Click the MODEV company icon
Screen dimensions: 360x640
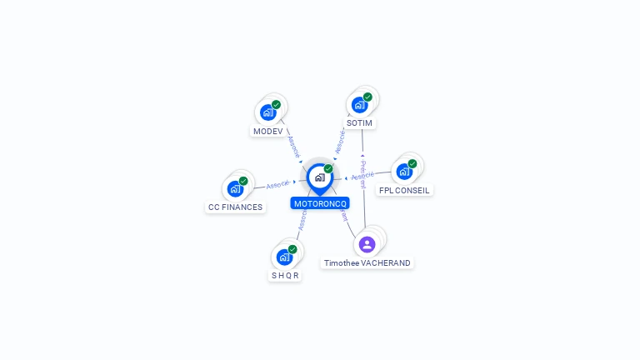pos(267,112)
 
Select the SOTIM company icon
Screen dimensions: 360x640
pos(359,105)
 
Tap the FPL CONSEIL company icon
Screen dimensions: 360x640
pos(404,172)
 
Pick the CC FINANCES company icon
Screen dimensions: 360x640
pos(235,189)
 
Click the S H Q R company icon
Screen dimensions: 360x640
pos(284,257)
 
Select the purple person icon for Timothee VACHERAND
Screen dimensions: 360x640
pos(367,244)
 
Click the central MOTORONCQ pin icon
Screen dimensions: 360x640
pos(319,177)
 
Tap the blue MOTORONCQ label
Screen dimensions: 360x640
pos(320,203)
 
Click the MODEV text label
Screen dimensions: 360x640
pos(267,132)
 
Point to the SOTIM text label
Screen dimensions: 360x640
pos(359,123)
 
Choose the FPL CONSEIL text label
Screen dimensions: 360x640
pos(404,190)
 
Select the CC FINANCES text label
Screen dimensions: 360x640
pos(235,207)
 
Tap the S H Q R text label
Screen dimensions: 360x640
pos(284,276)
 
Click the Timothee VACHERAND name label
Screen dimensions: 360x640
pos(367,263)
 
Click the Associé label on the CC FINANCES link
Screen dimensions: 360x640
pos(277,184)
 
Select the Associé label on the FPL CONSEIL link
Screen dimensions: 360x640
pos(362,177)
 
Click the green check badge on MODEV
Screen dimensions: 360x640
pos(276,105)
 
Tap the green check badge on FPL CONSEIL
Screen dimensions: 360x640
pos(412,164)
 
